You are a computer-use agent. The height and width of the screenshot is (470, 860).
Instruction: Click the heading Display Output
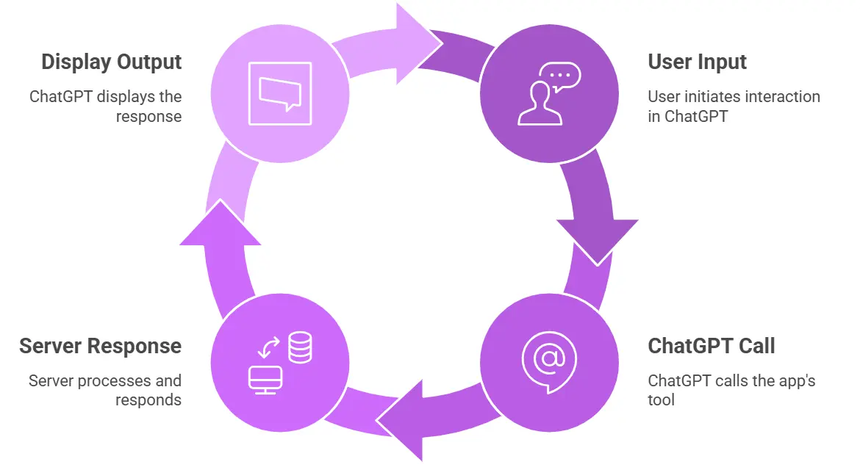pyautogui.click(x=111, y=62)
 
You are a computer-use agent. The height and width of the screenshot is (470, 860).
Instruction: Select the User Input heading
pyautogui.click(x=697, y=62)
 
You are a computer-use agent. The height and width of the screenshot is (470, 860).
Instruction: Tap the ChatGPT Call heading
pyautogui.click(x=711, y=346)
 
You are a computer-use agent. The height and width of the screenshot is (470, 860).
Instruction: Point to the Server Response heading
pyautogui.click(x=100, y=346)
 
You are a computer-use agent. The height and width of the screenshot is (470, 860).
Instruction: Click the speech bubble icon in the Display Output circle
pyautogui.click(x=280, y=94)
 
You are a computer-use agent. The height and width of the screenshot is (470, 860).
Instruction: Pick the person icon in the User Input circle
pyautogui.click(x=540, y=103)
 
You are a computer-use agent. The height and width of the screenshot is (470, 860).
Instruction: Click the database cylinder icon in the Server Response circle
pyautogui.click(x=300, y=347)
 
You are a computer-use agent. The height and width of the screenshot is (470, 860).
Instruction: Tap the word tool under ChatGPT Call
pyautogui.click(x=661, y=400)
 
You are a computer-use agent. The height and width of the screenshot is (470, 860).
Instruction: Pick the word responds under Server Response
pyautogui.click(x=148, y=400)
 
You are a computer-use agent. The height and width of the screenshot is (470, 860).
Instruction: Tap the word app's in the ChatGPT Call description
pyautogui.click(x=798, y=381)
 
